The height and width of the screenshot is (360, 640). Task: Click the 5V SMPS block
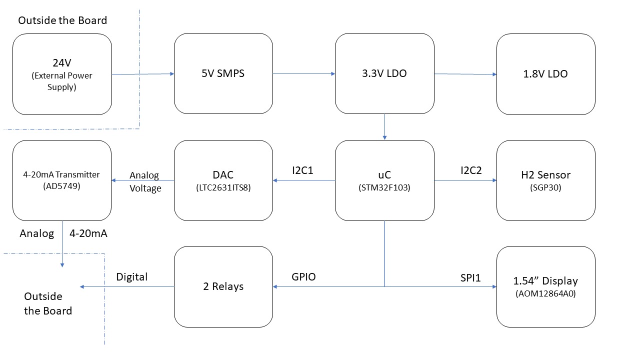pos(223,74)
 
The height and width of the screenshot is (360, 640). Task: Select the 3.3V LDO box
pos(384,74)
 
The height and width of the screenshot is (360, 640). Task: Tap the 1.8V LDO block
pos(545,74)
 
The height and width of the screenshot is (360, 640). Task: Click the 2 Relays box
pos(223,286)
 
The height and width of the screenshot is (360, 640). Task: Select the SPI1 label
pos(470,277)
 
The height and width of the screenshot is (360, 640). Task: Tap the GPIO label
pos(303,277)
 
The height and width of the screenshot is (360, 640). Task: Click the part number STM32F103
pos(384,187)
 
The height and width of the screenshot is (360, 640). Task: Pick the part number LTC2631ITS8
pos(223,187)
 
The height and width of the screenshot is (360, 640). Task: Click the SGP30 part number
pos(545,187)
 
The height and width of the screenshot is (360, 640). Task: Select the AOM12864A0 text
pos(545,294)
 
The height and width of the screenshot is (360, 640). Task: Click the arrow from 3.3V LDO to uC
pos(384,127)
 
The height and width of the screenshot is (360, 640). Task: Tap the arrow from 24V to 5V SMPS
pos(142,74)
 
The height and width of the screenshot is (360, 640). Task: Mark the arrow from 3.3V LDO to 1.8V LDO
pos(465,74)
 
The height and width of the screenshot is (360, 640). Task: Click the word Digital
pos(132,277)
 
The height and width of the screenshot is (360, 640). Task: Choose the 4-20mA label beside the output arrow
pos(89,233)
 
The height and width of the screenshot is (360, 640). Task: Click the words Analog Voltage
pos(145,182)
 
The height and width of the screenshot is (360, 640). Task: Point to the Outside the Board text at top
pos(62,20)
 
